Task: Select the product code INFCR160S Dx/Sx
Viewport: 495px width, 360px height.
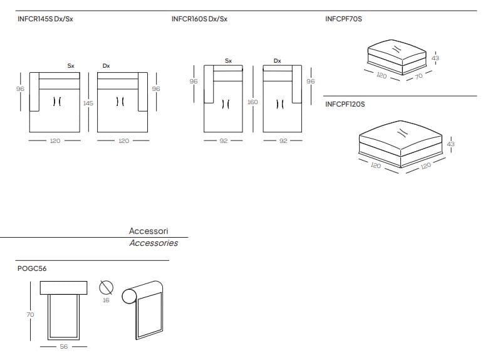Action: [199, 19]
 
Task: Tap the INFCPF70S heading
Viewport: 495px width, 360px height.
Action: [343, 19]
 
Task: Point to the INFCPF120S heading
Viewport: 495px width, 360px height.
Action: [345, 104]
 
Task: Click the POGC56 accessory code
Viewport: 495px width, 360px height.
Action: [32, 268]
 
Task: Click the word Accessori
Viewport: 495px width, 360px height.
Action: [148, 231]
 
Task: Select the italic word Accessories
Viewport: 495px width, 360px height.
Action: [154, 243]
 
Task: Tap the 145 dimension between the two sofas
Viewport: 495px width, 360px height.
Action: [88, 103]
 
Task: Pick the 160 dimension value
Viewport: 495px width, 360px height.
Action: [253, 102]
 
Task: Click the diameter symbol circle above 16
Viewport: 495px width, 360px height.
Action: [106, 287]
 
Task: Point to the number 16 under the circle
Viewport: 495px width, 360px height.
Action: [106, 300]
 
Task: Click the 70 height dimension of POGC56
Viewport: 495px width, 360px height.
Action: [30, 314]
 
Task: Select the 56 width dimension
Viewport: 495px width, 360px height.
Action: [63, 346]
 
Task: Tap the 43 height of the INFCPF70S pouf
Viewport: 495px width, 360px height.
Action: [435, 58]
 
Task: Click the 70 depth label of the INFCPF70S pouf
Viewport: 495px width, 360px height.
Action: [419, 76]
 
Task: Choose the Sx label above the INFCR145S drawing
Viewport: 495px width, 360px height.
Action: [71, 65]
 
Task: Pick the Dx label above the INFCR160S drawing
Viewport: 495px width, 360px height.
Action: [277, 61]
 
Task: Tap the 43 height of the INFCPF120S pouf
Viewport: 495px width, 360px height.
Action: [451, 144]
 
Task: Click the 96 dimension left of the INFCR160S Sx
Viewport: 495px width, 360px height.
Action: [194, 82]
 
